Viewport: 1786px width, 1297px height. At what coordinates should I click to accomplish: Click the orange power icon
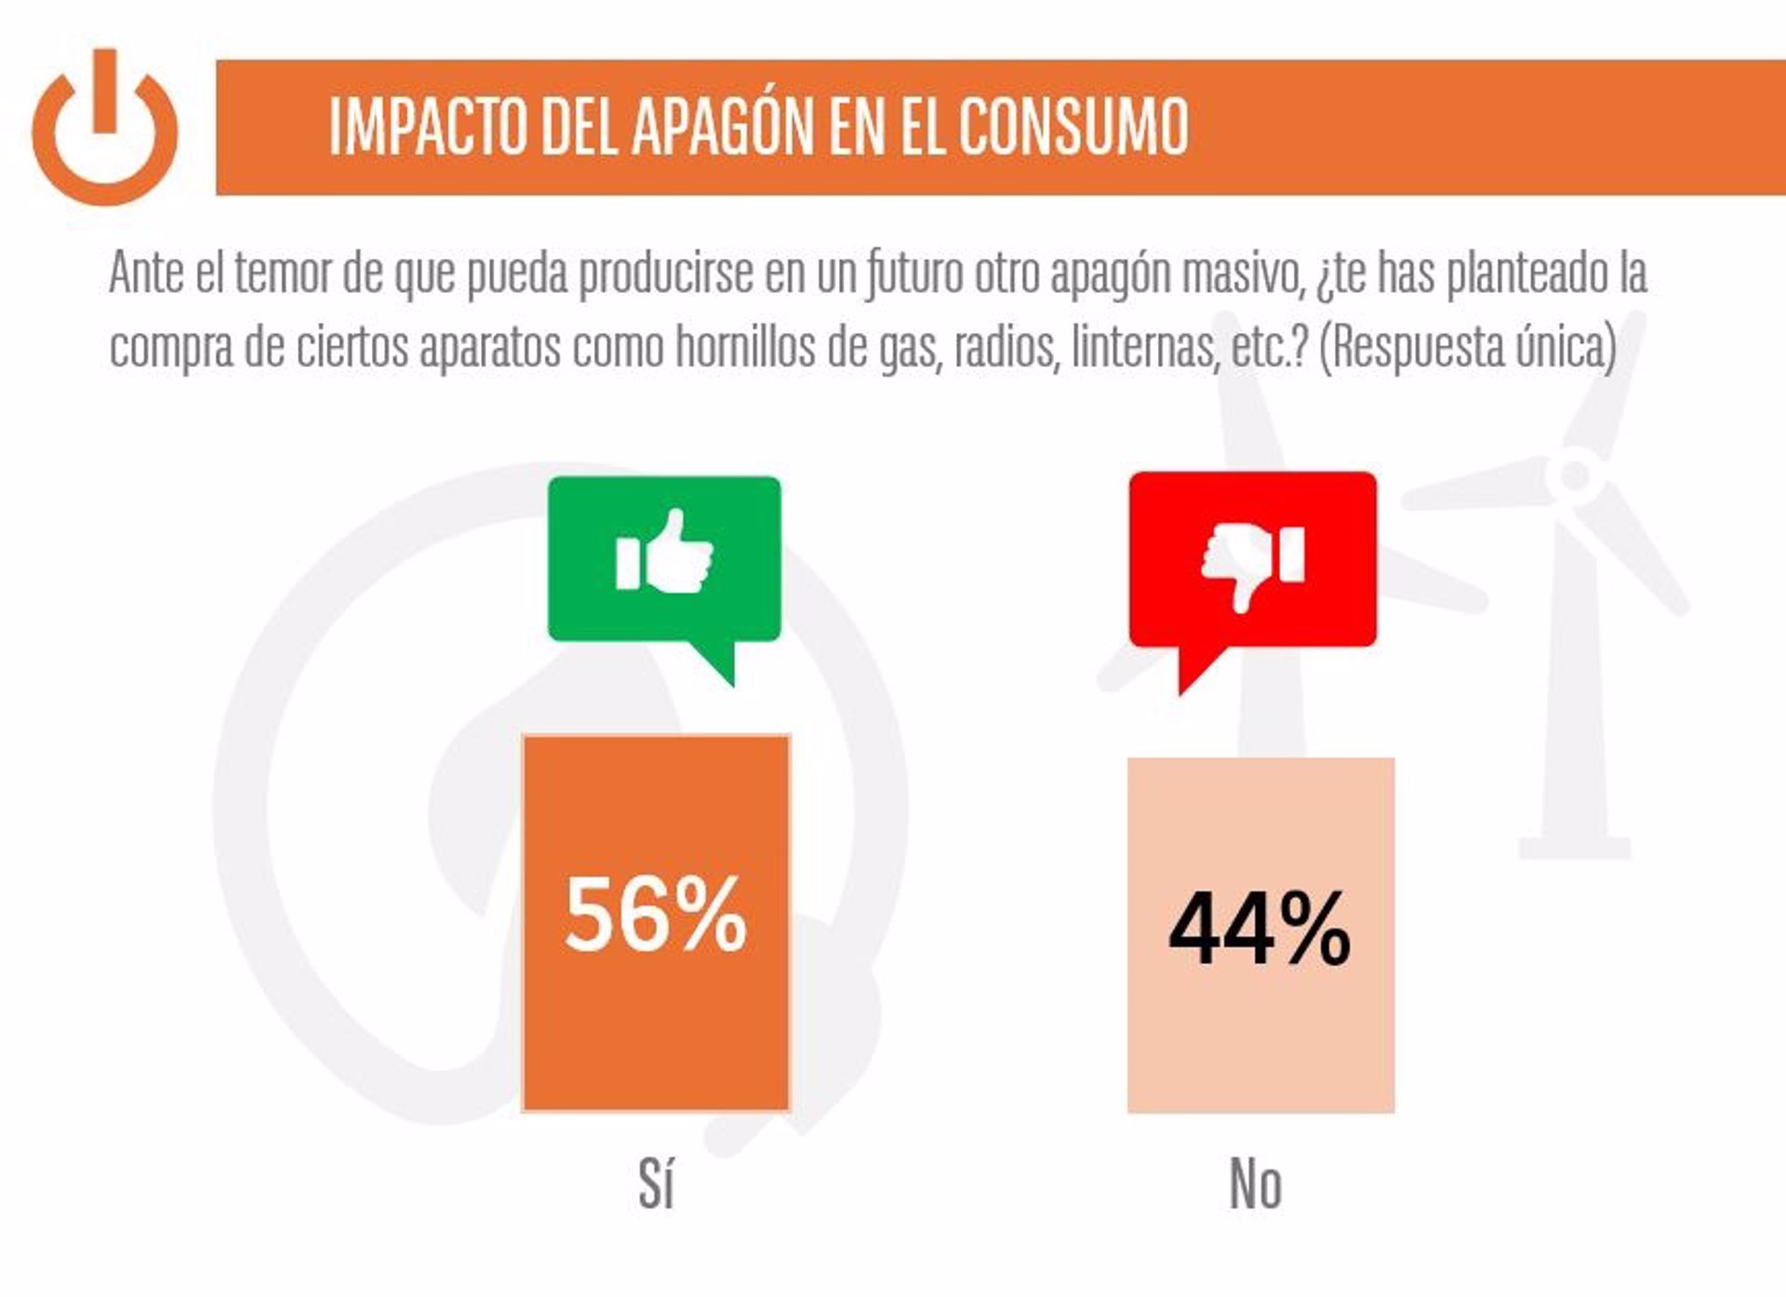coord(104,127)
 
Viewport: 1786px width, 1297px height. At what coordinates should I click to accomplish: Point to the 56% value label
coord(656,915)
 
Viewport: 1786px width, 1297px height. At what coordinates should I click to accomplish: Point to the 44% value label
coord(1260,929)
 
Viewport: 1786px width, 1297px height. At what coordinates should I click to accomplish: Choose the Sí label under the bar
coord(656,1184)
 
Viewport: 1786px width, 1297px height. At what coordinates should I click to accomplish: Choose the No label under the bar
coord(1256,1184)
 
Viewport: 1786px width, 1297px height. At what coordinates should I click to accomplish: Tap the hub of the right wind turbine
coord(1574,474)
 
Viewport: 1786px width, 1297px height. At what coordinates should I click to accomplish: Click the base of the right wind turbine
coord(1575,848)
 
